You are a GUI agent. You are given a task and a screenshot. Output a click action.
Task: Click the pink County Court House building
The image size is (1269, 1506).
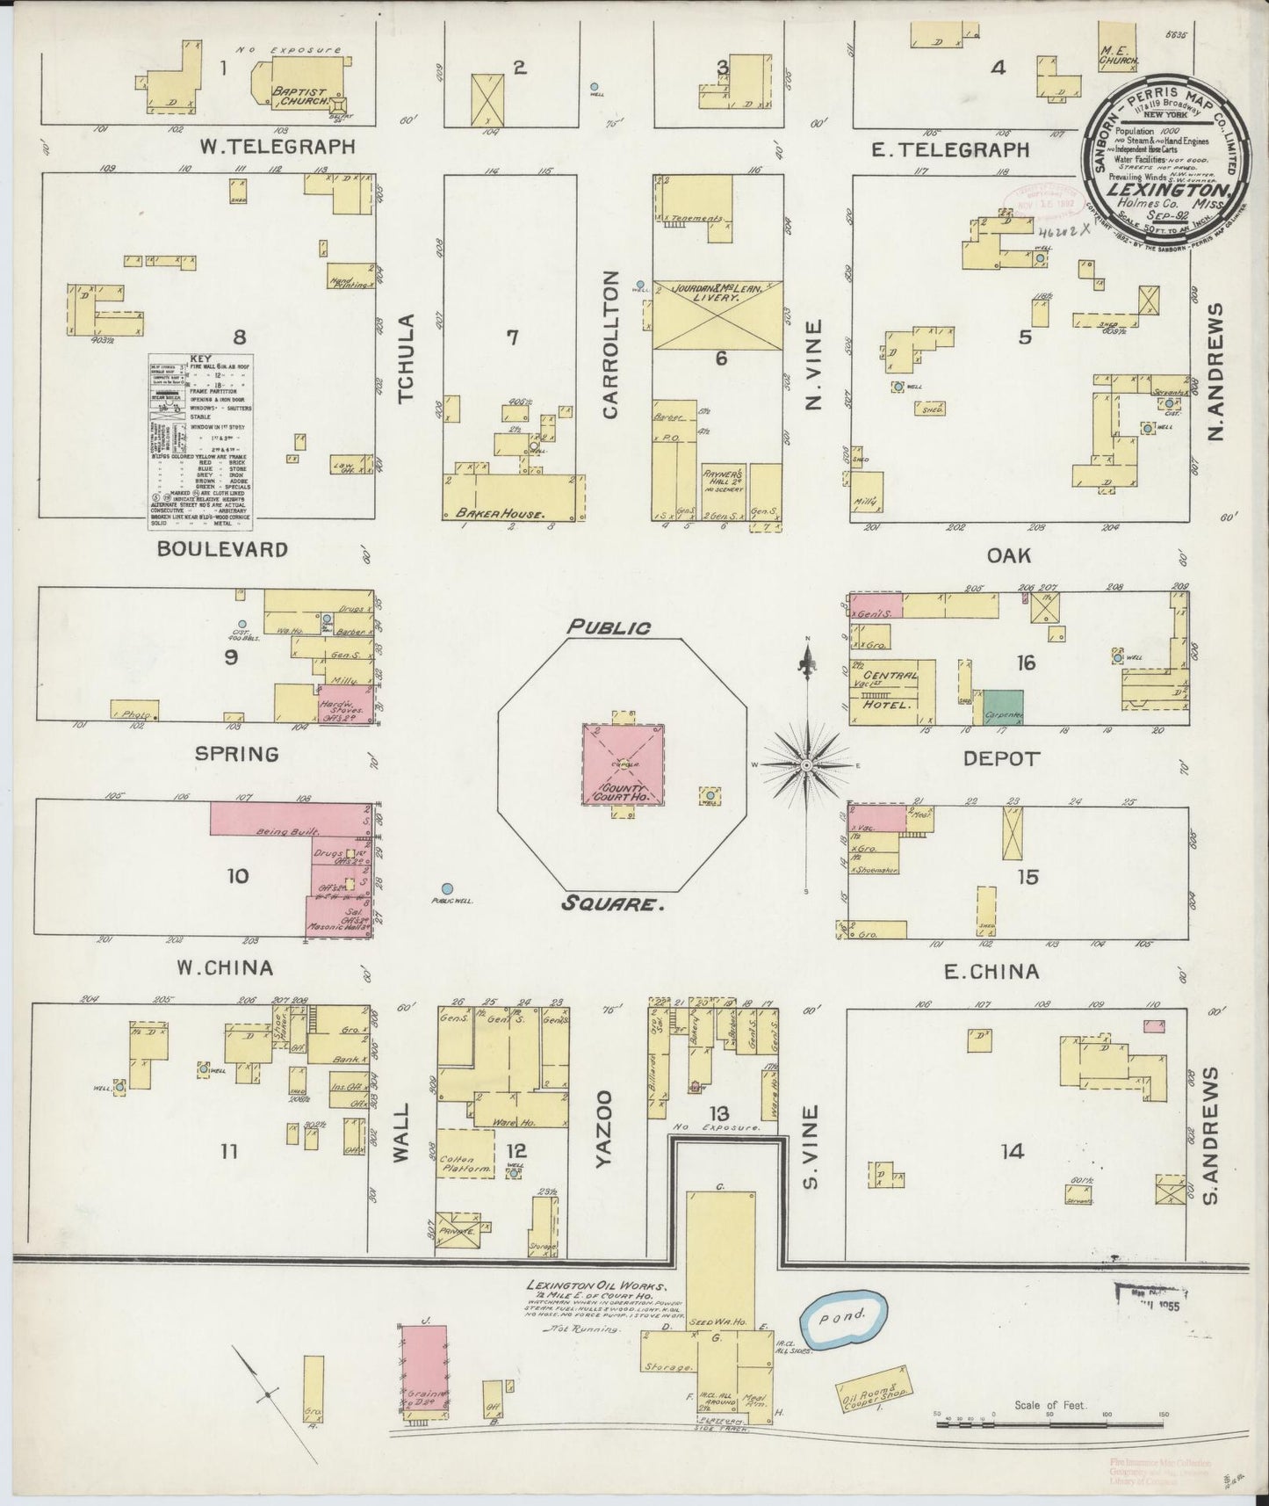[x=623, y=764]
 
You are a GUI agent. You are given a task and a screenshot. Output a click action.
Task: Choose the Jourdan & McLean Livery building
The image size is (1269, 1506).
[x=717, y=315]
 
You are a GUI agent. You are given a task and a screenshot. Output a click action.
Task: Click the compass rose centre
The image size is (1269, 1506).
[x=805, y=766]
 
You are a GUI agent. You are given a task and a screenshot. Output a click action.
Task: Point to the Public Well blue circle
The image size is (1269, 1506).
[x=448, y=890]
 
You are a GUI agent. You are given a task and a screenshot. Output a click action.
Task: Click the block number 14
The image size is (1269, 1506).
[x=1013, y=1151]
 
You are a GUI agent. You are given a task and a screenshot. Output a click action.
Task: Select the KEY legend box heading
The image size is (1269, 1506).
[x=200, y=358]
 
